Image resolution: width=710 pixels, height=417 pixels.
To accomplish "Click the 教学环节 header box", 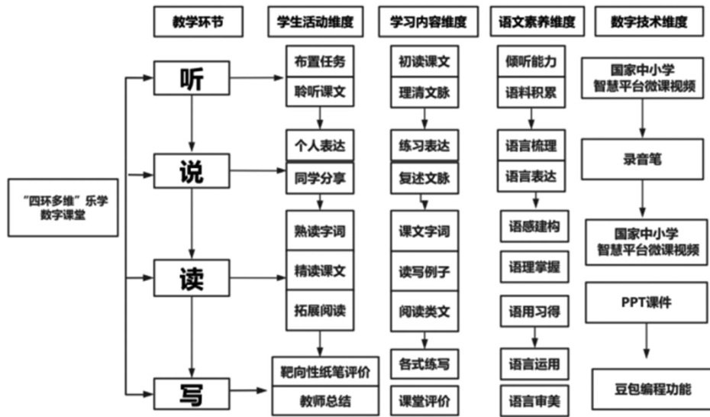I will (198, 23).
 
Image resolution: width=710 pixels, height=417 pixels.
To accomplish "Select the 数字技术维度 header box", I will (648, 23).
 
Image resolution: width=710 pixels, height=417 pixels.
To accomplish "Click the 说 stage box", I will (191, 172).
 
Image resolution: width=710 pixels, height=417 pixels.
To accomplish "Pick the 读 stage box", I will (191, 278).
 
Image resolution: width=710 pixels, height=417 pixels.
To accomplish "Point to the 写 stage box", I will (191, 394).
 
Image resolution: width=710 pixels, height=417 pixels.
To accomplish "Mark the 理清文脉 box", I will (424, 92).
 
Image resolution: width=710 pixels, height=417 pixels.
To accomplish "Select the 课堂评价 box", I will (424, 399).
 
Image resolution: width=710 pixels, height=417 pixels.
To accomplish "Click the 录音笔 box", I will (641, 163).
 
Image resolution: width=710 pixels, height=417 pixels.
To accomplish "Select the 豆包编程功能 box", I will (647, 389).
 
